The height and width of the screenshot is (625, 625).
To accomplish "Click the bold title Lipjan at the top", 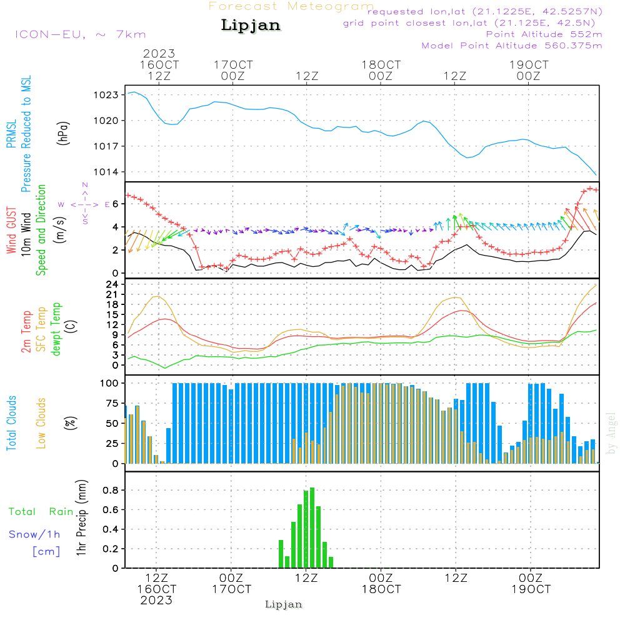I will [x=251, y=26].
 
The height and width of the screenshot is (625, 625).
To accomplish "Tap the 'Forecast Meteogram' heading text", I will [x=291, y=7].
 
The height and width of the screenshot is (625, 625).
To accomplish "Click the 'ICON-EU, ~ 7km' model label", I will [x=80, y=34].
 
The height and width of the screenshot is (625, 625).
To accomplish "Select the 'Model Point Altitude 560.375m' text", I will [x=512, y=46].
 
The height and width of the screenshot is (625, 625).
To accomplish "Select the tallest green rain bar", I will [x=312, y=527].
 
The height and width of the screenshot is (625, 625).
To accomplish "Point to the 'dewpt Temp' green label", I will [x=56, y=329].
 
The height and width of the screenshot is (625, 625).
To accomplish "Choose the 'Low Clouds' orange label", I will [x=42, y=423].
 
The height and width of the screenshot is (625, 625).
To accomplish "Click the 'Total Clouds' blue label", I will [x=11, y=423].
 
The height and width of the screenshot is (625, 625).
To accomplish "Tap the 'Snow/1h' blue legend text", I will [x=35, y=534].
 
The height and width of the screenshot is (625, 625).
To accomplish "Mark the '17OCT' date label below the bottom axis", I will [x=231, y=589].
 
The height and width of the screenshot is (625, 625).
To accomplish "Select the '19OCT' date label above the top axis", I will [x=529, y=65].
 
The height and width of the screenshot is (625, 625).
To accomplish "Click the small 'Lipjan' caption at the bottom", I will [x=284, y=604].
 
